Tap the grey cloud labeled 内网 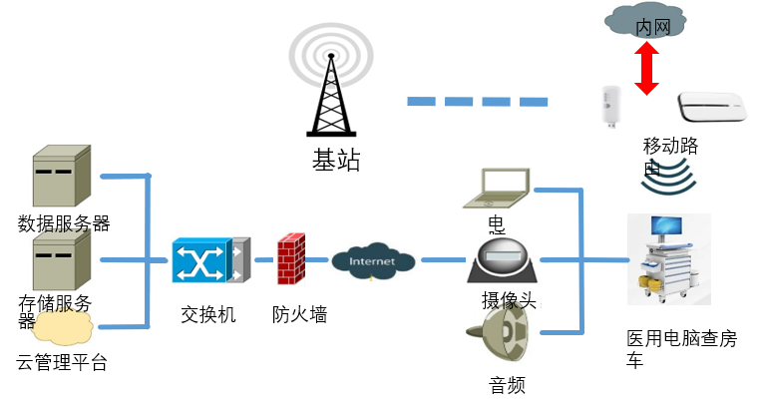pyautogui.click(x=645, y=22)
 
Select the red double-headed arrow pyautogui.click(x=647, y=70)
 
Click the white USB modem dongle pyautogui.click(x=609, y=105)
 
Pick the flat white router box pyautogui.click(x=711, y=106)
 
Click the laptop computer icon pyautogui.click(x=497, y=188)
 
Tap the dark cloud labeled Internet pyautogui.click(x=373, y=260)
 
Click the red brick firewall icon pyautogui.click(x=289, y=259)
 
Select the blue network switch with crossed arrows pyautogui.click(x=199, y=260)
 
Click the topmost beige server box pyautogui.click(x=63, y=176)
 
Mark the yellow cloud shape pyautogui.click(x=63, y=328)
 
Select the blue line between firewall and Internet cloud pyautogui.click(x=315, y=260)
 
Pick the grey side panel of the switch pyautogui.click(x=239, y=260)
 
